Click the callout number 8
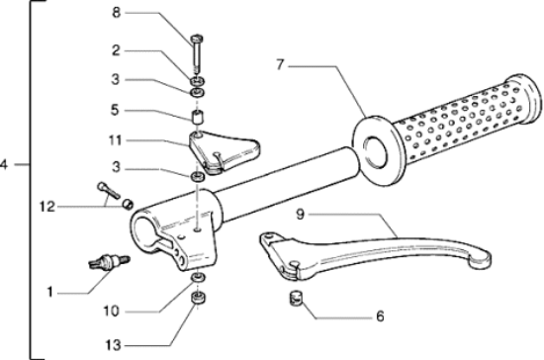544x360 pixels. tap(117, 13)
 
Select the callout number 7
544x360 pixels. tap(280, 65)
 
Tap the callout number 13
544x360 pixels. tap(113, 345)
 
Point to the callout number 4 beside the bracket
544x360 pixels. tap(4, 164)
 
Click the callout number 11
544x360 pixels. tap(115, 140)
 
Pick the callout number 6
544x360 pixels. tap(380, 316)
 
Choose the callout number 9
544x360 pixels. tap(301, 214)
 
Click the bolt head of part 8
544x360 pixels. tap(197, 39)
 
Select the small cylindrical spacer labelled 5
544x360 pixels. tap(198, 117)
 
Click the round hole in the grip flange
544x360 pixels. tap(375, 153)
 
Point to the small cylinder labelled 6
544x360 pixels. tap(296, 298)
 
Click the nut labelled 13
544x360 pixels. tap(198, 298)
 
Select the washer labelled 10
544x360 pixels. tap(198, 277)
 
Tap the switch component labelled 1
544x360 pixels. tap(109, 262)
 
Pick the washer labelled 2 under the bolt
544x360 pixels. tap(197, 82)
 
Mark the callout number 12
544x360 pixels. tap(47, 207)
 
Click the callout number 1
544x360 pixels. tap(50, 292)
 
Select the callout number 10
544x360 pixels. tap(112, 312)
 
